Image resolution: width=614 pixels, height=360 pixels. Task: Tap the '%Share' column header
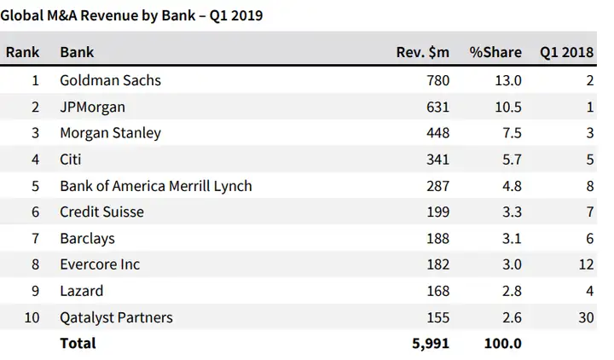tap(495, 52)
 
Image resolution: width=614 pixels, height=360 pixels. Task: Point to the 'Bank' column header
tap(77, 52)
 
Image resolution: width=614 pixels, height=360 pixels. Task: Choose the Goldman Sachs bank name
tap(110, 81)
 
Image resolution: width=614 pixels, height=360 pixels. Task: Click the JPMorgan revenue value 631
tap(437, 107)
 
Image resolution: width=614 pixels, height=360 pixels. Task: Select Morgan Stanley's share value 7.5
tap(511, 133)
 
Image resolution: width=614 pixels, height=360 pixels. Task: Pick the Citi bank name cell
tap(72, 160)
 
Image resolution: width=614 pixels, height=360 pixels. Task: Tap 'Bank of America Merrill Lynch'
tap(156, 186)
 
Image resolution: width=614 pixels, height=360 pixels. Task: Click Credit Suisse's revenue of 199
tap(437, 212)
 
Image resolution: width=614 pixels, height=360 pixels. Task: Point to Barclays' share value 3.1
tap(511, 239)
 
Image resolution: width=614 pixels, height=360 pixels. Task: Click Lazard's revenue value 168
tap(437, 291)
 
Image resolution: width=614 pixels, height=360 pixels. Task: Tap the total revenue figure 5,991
tap(431, 344)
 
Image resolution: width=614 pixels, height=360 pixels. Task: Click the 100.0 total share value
tap(503, 344)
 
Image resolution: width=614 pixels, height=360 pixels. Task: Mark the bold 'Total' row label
tap(78, 344)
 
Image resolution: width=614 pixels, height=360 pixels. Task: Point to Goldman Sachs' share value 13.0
tap(507, 81)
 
